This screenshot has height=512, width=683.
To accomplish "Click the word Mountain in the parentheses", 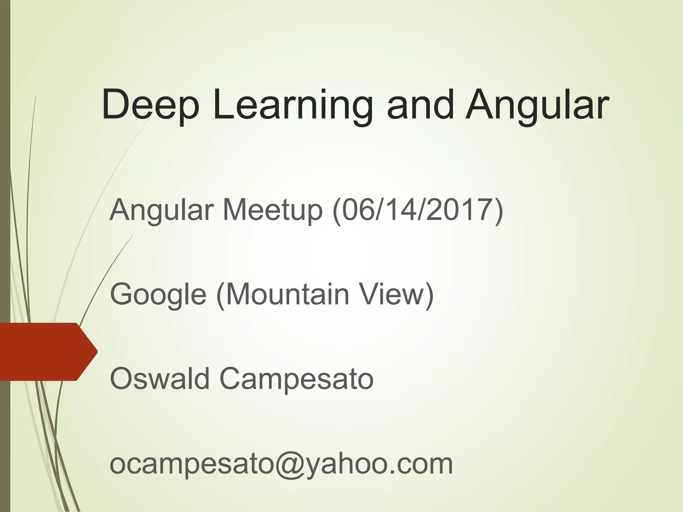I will (x=288, y=294).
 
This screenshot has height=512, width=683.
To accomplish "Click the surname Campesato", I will (x=296, y=379).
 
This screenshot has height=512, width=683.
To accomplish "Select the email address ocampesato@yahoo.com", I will (x=281, y=464).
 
